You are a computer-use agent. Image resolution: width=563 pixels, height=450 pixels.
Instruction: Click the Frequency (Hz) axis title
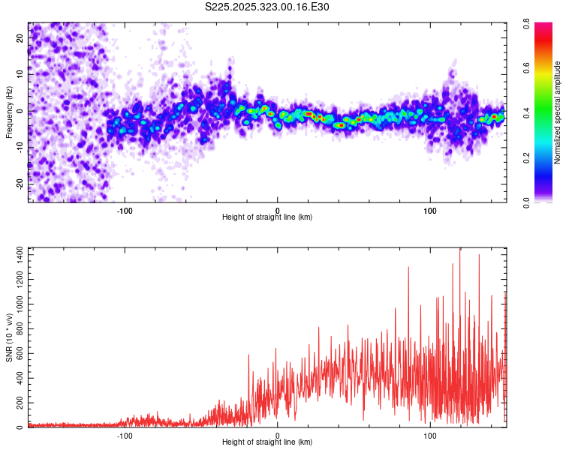(9, 112)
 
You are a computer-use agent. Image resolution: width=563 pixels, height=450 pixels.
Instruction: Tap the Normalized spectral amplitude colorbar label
(558, 112)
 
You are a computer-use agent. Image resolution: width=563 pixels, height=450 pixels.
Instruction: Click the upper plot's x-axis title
(267, 217)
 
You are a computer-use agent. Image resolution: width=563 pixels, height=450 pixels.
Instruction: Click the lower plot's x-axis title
(267, 442)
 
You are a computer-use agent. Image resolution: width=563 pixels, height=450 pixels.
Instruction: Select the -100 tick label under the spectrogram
(125, 210)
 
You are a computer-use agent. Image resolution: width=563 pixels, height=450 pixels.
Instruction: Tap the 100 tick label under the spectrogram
(430, 210)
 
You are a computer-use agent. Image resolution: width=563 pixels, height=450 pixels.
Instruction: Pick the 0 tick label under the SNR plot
(278, 435)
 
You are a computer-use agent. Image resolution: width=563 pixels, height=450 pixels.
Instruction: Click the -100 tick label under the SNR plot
(125, 435)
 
